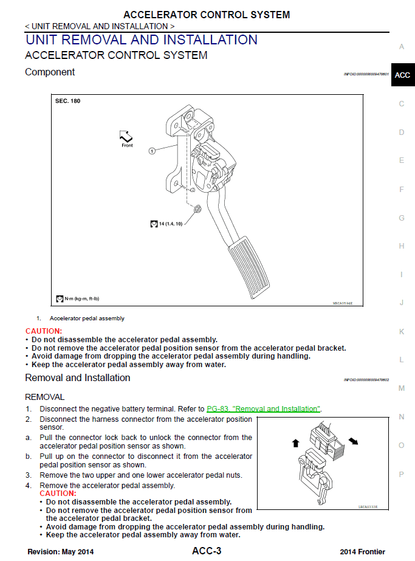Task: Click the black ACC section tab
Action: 402,75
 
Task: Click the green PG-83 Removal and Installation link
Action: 263,409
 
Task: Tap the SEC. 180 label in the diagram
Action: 67,101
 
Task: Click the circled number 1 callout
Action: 152,150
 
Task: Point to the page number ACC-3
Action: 207,551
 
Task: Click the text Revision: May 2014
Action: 61,552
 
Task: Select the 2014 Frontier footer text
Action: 362,552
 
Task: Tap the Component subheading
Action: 50,72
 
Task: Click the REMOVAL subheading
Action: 44,397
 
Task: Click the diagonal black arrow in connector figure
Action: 352,439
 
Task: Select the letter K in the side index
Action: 402,331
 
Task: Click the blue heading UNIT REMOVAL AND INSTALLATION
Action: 142,40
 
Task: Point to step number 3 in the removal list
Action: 28,475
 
